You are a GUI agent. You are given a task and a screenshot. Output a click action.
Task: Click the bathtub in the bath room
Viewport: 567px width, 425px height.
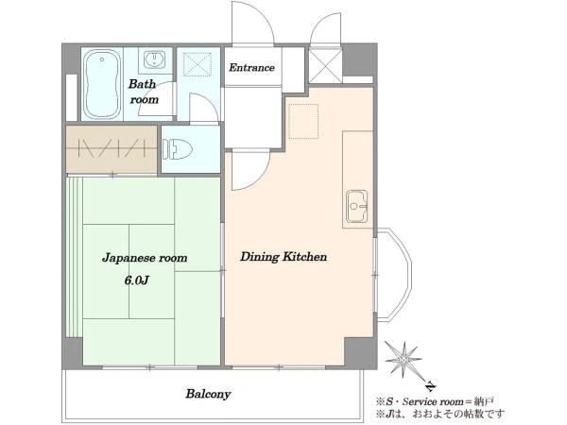tap(102, 84)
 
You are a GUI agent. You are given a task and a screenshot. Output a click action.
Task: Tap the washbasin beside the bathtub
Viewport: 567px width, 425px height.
tap(155, 59)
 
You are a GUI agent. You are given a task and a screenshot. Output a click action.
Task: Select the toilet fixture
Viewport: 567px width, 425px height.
tap(177, 149)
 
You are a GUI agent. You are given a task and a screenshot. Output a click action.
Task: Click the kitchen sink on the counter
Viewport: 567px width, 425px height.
tap(357, 206)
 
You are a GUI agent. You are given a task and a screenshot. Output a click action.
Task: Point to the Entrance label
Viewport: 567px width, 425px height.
tap(251, 68)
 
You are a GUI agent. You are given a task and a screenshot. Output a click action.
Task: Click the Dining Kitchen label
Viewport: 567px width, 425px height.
tap(283, 257)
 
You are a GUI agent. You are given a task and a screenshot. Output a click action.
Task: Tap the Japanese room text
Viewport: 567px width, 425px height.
tap(145, 258)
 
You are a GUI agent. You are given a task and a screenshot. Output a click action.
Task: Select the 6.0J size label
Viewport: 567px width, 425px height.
tap(137, 280)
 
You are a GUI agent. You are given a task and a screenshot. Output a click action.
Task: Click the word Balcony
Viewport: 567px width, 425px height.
tap(208, 394)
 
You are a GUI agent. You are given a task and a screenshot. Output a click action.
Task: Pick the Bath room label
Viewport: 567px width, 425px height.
tap(144, 92)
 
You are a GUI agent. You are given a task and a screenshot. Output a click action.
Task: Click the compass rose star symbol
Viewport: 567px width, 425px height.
tap(404, 360)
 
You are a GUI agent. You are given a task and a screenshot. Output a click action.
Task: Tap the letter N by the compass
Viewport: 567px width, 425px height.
tap(430, 386)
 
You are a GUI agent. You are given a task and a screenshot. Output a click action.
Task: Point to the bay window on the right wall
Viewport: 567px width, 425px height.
tap(393, 274)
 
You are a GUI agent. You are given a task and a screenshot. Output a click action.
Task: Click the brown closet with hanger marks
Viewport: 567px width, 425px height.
tap(112, 149)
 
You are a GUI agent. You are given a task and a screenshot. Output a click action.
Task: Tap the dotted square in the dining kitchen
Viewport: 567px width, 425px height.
tap(303, 122)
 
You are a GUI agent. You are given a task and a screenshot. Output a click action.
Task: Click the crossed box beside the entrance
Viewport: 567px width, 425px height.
tap(325, 66)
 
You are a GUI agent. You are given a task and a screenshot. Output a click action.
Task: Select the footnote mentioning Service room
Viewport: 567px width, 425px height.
tap(435, 401)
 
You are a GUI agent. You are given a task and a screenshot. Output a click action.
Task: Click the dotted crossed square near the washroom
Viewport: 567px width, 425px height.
tap(198, 64)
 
